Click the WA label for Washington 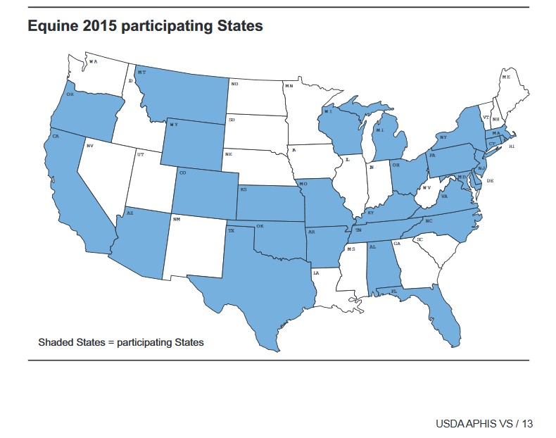pos(93,62)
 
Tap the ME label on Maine pos(506,76)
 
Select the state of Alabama pos(381,264)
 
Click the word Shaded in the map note pos(54,342)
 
